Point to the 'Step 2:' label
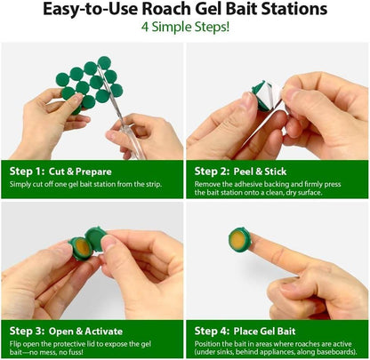(214, 170)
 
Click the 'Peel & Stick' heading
(269, 170)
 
